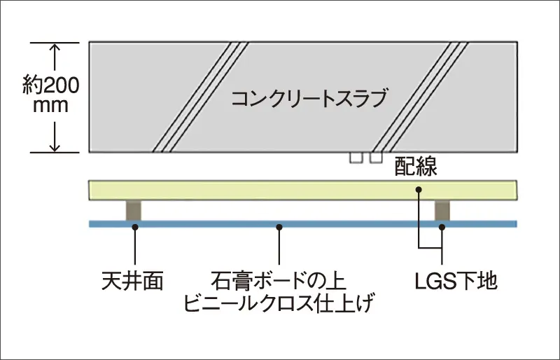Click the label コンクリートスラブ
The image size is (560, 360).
coord(309,98)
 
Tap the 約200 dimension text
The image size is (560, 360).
coord(50,85)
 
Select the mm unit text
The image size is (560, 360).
coord(50,106)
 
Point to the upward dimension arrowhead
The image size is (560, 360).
coord(55,48)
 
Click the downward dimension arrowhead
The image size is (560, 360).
coord(55,146)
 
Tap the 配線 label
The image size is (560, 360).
coord(416,166)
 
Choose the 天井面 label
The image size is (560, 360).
coord(132,281)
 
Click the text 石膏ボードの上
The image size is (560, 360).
coord(279,281)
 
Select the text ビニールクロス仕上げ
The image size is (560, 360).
coord(279,303)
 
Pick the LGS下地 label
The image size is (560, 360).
coord(456,281)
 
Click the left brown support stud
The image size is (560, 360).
coord(134,210)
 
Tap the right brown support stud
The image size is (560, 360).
coord(442,210)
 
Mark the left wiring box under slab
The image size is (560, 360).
coord(356,158)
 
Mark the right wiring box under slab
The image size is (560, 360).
coord(376,158)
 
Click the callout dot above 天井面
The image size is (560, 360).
coord(135,227)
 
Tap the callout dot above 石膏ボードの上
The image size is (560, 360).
coord(279,227)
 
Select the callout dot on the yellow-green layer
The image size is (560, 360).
coord(419,190)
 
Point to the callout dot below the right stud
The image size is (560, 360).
coord(442,227)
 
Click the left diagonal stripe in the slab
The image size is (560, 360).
coord(200,97)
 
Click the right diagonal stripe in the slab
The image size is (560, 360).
coord(420,97)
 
